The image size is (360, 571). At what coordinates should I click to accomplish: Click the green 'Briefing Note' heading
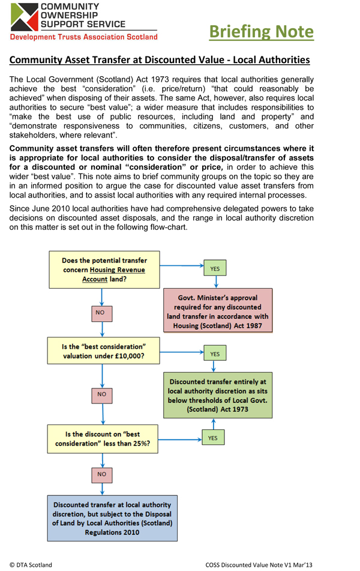[x=261, y=31]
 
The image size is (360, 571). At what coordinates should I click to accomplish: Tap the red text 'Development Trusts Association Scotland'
[x=84, y=37]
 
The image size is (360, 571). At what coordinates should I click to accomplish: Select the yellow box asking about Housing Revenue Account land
[x=104, y=270]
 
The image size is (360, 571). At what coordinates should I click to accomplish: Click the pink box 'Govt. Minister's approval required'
[x=219, y=310]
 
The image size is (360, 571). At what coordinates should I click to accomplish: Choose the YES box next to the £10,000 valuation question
[x=214, y=354]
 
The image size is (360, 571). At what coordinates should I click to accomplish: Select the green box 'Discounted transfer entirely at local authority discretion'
[x=218, y=395]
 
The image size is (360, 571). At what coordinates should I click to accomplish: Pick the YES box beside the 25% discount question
[x=212, y=438]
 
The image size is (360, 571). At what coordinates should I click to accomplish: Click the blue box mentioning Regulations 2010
[x=112, y=519]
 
